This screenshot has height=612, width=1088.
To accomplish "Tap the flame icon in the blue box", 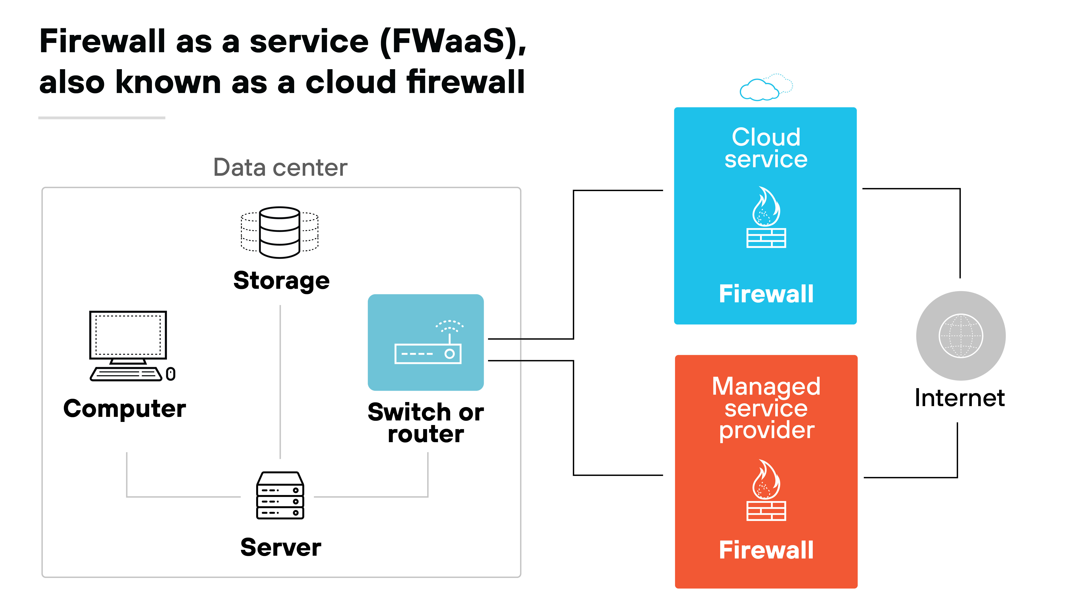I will coord(766,207).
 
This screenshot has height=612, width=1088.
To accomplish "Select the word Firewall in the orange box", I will coord(766,550).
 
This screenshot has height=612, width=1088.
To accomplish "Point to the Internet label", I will coord(960,398).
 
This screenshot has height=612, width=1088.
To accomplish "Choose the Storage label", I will coord(281,281).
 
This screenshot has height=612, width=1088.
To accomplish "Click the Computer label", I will coord(125,408).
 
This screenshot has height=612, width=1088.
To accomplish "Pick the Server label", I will coord(280,548).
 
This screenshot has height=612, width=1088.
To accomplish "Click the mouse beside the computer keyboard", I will coord(171,374).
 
